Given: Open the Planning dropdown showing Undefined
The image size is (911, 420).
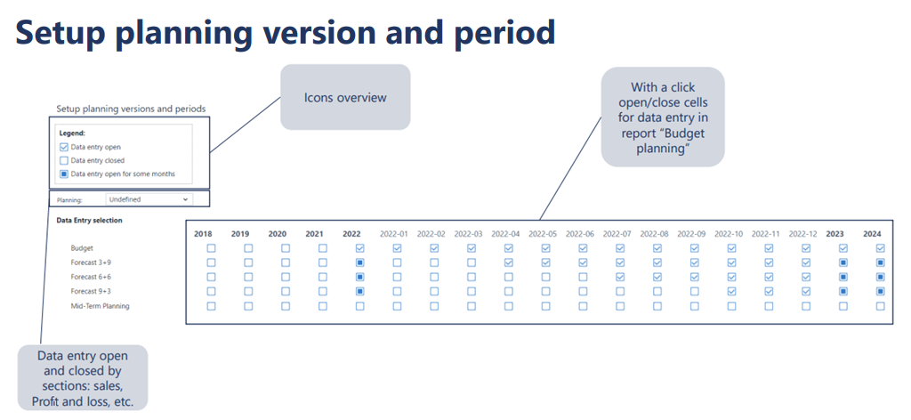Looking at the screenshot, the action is click(x=149, y=199).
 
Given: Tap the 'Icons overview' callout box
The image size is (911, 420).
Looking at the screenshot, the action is click(x=345, y=97).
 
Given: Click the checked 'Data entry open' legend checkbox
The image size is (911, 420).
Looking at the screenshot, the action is click(x=64, y=147).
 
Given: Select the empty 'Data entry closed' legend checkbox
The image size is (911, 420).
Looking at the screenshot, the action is click(x=64, y=160).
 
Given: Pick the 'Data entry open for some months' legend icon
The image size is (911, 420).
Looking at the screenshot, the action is click(x=64, y=174).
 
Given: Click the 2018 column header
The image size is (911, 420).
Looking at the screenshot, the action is click(x=203, y=234).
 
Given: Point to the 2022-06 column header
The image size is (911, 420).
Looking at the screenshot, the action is click(x=580, y=234).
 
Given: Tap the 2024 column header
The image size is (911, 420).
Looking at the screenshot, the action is click(x=872, y=234).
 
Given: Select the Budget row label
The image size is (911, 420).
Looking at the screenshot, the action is click(x=81, y=248).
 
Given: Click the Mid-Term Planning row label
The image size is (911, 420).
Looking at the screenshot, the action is click(x=100, y=306).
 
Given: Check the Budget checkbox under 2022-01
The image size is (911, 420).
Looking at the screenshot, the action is click(x=397, y=248).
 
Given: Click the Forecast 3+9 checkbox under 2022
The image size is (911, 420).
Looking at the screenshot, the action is click(x=359, y=262).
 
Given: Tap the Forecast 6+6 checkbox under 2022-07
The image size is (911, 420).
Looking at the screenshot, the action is click(x=620, y=277).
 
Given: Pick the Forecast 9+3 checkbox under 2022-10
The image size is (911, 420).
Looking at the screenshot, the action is click(x=731, y=291).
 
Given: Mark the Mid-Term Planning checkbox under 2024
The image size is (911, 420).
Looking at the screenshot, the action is click(x=880, y=305).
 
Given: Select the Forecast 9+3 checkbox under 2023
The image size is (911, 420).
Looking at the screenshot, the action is click(x=843, y=291).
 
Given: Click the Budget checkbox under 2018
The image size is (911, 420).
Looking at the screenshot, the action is click(x=211, y=248).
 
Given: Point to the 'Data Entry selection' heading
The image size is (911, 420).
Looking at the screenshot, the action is click(x=89, y=221).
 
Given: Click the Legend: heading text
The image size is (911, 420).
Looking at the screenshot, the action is click(x=73, y=133).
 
